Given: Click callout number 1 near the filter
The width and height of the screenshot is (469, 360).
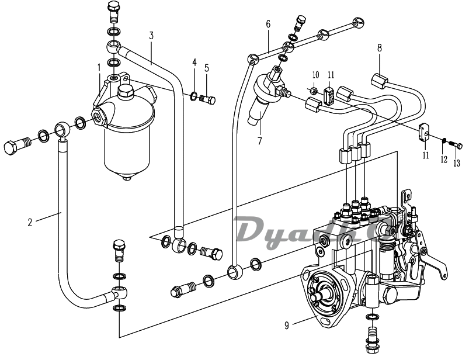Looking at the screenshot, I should click(x=99, y=67).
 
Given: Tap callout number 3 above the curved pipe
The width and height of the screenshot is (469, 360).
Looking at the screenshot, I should click(x=151, y=36).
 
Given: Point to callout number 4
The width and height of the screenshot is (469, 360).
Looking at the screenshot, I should click(x=194, y=61).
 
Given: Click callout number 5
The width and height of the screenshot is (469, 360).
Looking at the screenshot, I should click(x=207, y=67).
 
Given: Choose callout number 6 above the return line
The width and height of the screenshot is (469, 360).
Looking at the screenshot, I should click(x=268, y=24).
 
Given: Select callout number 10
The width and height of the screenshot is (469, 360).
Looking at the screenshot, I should click(x=315, y=74).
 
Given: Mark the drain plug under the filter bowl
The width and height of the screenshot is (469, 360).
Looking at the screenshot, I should click(x=127, y=176).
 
